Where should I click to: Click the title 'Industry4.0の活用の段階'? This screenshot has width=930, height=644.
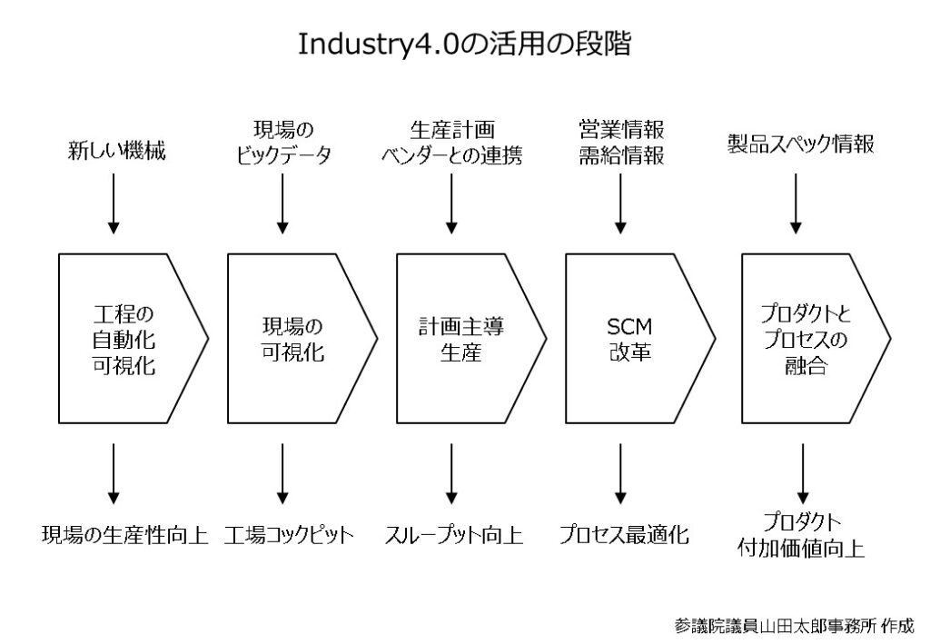tap(464, 44)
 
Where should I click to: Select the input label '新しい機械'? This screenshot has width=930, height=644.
tap(117, 151)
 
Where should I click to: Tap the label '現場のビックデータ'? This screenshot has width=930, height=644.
tap(283, 143)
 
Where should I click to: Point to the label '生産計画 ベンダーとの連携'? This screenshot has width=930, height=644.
tap(452, 143)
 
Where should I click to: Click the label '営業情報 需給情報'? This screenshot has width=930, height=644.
tap(621, 143)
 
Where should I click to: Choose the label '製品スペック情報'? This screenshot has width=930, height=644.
tap(801, 144)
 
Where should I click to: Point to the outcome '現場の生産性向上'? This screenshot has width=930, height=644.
tap(125, 535)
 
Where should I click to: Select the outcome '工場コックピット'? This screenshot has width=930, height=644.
tap(289, 535)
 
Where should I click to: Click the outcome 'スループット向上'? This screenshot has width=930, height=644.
tap(454, 535)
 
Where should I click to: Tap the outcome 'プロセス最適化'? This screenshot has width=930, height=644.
tap(624, 535)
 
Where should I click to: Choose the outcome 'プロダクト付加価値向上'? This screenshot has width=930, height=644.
tap(801, 535)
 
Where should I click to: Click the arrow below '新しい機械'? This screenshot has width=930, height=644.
tap(114, 203)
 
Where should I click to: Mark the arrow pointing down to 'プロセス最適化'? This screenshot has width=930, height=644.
tap(620, 474)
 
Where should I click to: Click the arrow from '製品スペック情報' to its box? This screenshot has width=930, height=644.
tap(796, 203)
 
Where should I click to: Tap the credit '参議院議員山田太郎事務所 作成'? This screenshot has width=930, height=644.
tap(794, 626)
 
